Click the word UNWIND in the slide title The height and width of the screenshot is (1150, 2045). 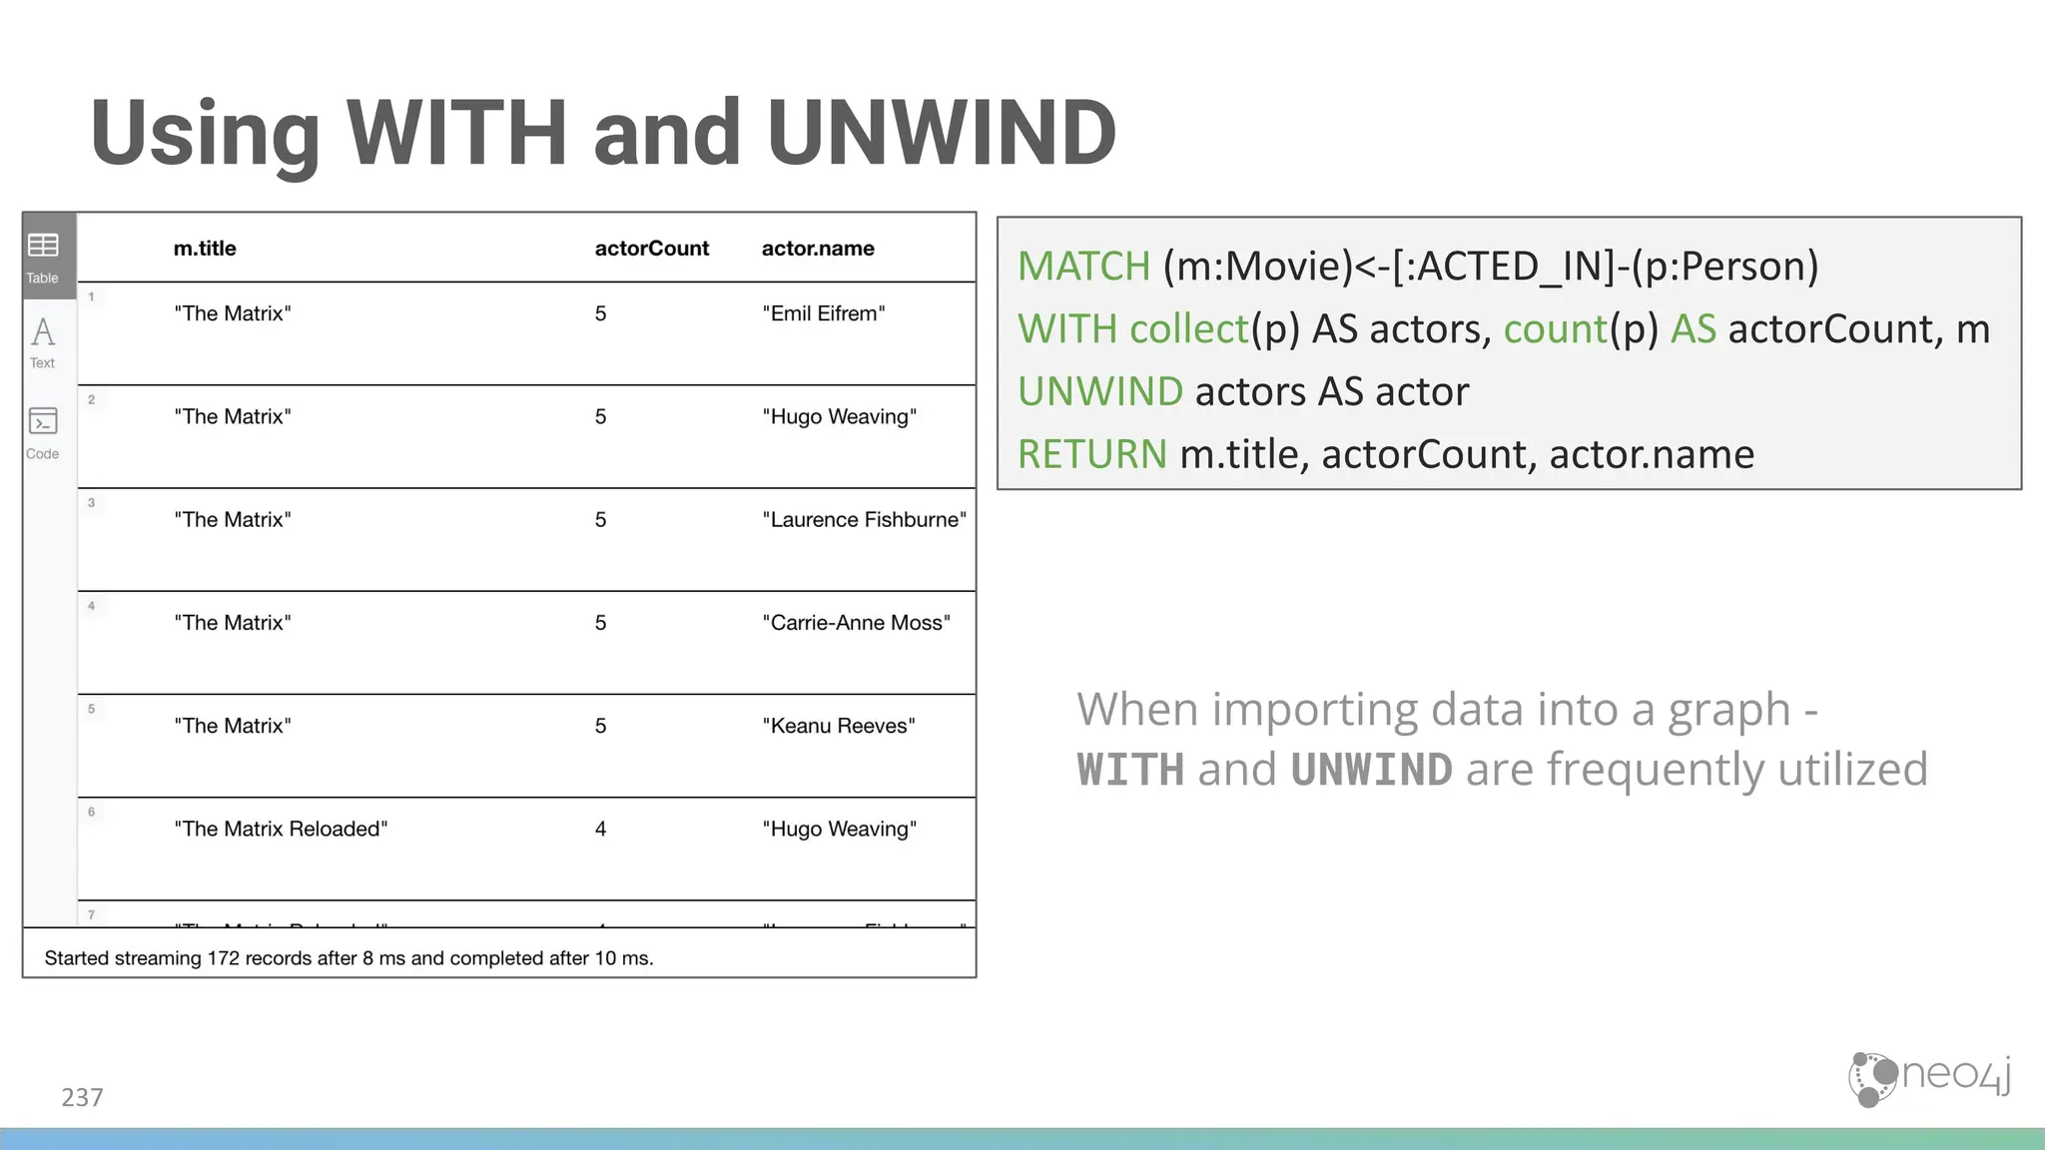pos(941,133)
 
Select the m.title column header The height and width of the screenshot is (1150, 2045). pos(205,249)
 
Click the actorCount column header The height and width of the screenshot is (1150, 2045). pos(651,249)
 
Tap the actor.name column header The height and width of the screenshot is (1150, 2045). pos(817,249)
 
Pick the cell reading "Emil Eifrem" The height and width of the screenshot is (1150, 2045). pos(823,313)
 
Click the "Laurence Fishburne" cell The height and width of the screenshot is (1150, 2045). pos(864,520)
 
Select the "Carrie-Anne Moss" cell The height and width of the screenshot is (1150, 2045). pos(856,623)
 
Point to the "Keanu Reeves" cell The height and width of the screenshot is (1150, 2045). pos(838,726)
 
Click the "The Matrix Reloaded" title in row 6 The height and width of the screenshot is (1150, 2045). pos(281,829)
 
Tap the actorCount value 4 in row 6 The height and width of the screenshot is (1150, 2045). pos(600,829)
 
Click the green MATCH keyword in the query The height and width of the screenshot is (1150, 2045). pos(1083,267)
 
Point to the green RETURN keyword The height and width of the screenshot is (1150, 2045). pos(1091,454)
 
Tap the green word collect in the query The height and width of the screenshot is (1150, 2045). pos(1189,329)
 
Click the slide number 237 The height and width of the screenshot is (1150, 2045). pos(82,1097)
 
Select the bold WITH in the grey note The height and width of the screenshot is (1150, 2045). pos(1129,770)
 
